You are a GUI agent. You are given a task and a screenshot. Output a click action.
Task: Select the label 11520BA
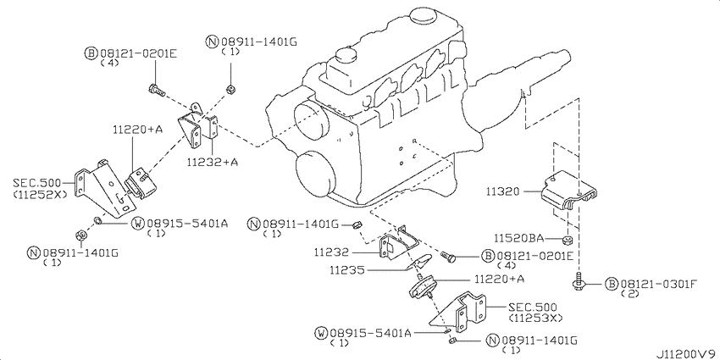pyautogui.click(x=518, y=240)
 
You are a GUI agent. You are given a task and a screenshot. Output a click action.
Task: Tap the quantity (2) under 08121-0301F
pyautogui.click(x=629, y=293)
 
